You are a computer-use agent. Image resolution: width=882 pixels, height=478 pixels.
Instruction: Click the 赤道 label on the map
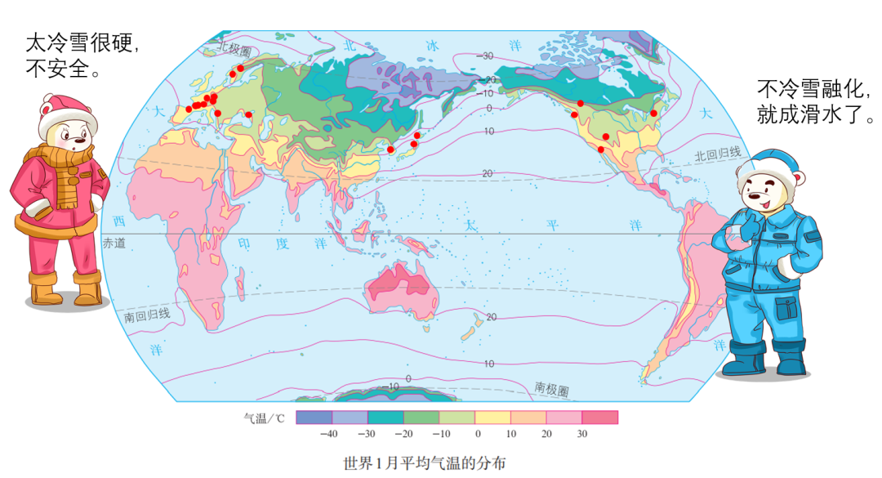(x=114, y=243)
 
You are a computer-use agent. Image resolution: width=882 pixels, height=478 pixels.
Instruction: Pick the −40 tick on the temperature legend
(x=329, y=434)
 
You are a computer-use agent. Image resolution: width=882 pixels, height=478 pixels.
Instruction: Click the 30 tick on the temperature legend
(x=582, y=434)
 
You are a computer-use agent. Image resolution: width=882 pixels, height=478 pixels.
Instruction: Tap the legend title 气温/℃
(x=263, y=418)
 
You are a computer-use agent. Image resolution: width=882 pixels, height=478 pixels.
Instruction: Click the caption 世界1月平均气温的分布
(x=425, y=463)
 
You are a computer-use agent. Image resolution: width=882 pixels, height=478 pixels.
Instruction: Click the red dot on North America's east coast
(x=654, y=113)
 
